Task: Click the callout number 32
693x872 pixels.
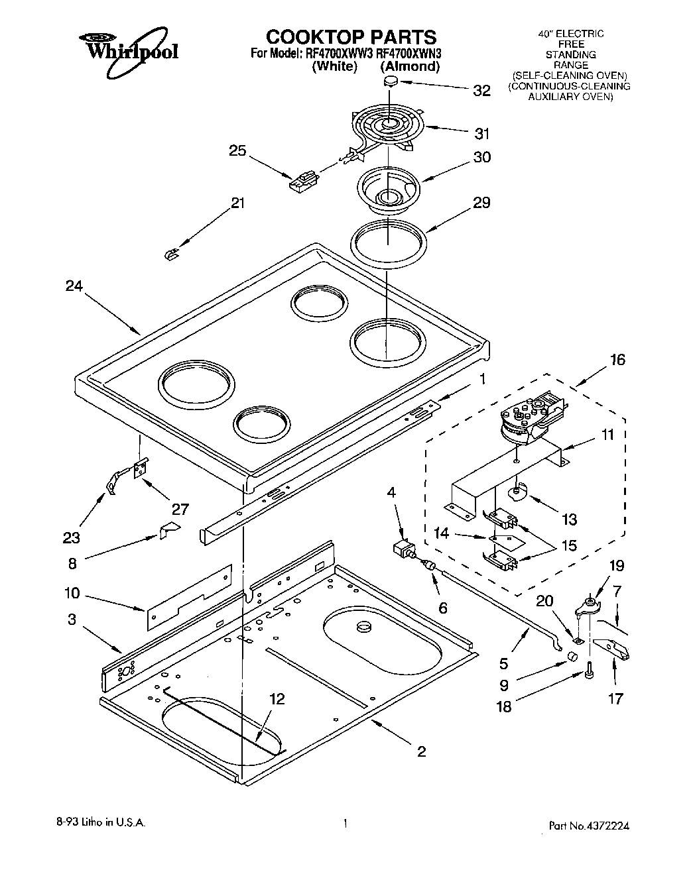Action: tap(481, 91)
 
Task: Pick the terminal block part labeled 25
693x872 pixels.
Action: tap(304, 180)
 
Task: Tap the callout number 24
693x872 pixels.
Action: tap(74, 286)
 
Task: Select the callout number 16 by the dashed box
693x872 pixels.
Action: tap(617, 360)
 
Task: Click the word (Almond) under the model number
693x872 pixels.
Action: tap(409, 66)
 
